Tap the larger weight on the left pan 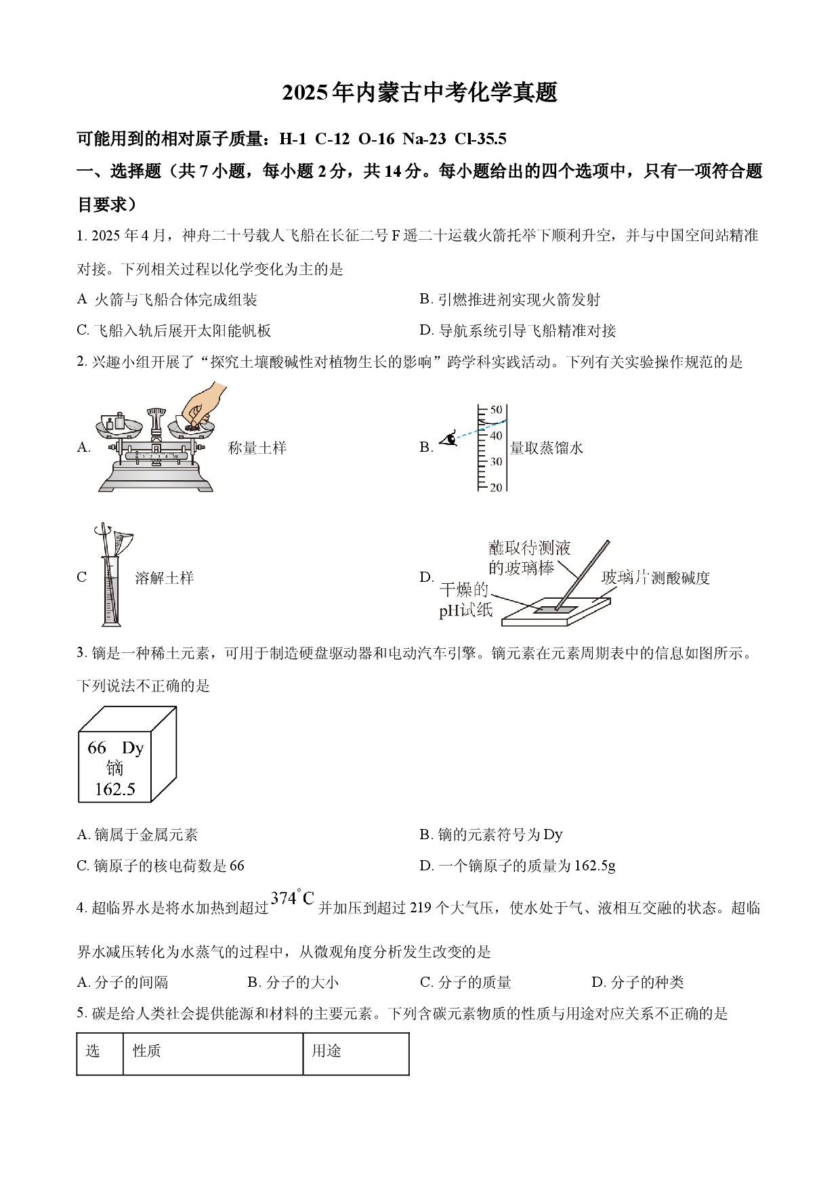(120, 421)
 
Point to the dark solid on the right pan (193, 427)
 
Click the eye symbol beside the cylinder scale (448, 439)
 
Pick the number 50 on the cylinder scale (496, 410)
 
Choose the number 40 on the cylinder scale (496, 436)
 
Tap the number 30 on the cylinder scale (496, 462)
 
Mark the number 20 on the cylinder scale (496, 488)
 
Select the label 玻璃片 (625, 578)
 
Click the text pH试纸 (465, 610)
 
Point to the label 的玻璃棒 (521, 568)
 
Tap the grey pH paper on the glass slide (555, 610)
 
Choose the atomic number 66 (97, 748)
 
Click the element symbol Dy (133, 748)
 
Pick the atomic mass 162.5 (114, 789)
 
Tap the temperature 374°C (293, 897)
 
